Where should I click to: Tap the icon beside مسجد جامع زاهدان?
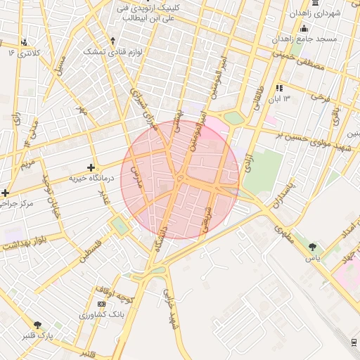pyautogui.click(x=304, y=27)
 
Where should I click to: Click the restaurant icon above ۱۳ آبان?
pyautogui.click(x=279, y=88)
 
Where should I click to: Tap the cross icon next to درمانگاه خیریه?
pyautogui.click(x=91, y=167)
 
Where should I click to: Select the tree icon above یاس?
pyautogui.click(x=312, y=247)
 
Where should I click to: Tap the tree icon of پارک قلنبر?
pyautogui.click(x=37, y=325)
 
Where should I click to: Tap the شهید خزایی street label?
pyautogui.click(x=170, y=310)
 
